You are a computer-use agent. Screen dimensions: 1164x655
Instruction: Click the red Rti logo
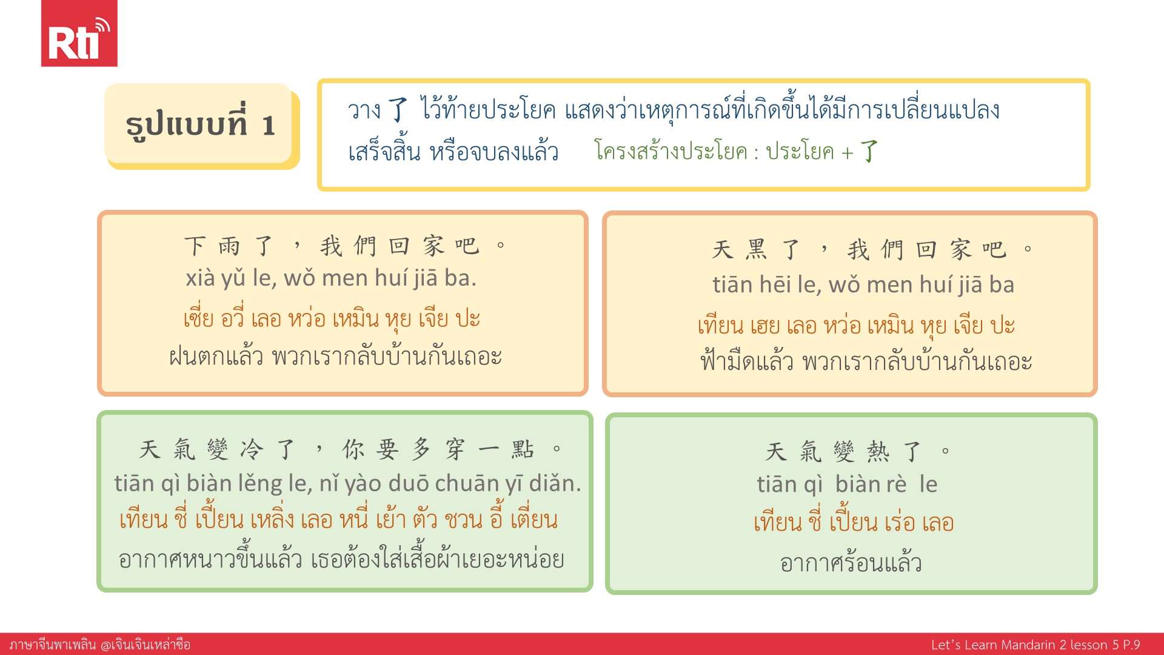point(79,33)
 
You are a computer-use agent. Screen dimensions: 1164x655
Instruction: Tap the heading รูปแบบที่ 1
point(201,125)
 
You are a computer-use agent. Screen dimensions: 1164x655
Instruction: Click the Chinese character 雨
point(230,246)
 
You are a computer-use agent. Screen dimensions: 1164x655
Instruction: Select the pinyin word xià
point(200,278)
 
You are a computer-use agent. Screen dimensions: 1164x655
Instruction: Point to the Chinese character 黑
point(757,249)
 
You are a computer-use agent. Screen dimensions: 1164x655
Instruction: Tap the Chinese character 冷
point(252,449)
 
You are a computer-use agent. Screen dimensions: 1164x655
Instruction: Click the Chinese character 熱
point(878,452)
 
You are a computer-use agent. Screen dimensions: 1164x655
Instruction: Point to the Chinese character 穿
point(455,449)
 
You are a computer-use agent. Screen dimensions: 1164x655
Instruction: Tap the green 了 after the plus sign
point(869,151)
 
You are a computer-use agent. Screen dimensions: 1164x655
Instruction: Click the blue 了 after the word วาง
point(398,110)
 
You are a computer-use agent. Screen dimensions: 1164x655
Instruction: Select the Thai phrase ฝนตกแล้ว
point(216,356)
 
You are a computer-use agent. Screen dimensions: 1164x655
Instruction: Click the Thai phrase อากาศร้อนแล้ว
point(851,563)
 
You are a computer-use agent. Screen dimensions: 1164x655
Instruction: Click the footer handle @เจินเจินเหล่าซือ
point(145,645)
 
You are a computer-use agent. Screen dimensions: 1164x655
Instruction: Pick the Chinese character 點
point(523,449)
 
